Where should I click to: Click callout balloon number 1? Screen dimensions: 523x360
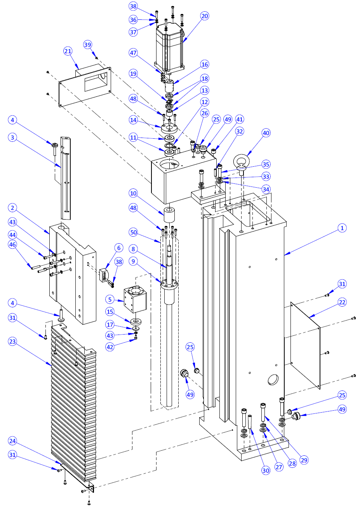(x=342, y=228)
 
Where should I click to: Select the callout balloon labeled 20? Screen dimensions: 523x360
(x=205, y=16)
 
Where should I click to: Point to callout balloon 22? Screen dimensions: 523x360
(x=342, y=302)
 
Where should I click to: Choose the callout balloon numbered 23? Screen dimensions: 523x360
(x=12, y=342)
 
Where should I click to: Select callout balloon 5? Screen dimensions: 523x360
(x=110, y=299)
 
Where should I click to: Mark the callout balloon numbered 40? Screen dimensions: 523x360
(x=266, y=133)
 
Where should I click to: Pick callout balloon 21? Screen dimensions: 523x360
(x=68, y=51)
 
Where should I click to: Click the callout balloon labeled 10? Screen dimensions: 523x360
(x=133, y=193)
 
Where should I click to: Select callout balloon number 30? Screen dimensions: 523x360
(x=266, y=470)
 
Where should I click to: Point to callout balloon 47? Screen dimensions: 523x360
(x=133, y=53)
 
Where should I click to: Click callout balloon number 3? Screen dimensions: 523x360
(x=12, y=138)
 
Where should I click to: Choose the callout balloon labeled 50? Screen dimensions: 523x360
(x=133, y=232)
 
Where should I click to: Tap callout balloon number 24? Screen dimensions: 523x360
(x=12, y=441)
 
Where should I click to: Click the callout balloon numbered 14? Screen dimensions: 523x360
(x=133, y=120)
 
